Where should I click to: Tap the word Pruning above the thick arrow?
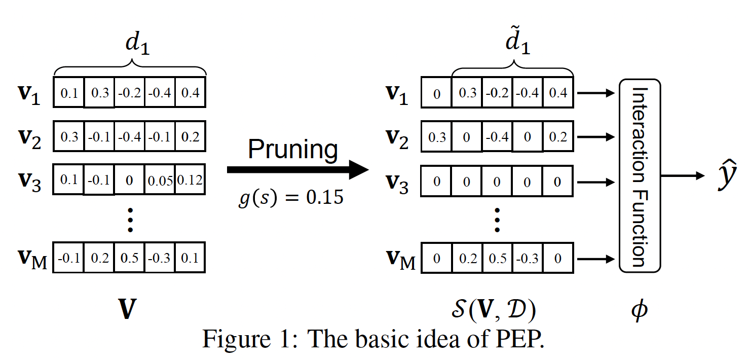[293, 150]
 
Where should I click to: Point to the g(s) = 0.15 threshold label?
[291, 197]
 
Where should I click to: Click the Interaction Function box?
[640, 175]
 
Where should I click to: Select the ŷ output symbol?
[726, 175]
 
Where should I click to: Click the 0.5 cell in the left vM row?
[129, 258]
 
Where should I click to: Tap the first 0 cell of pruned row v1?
[436, 94]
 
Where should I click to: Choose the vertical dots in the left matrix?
[130, 220]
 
